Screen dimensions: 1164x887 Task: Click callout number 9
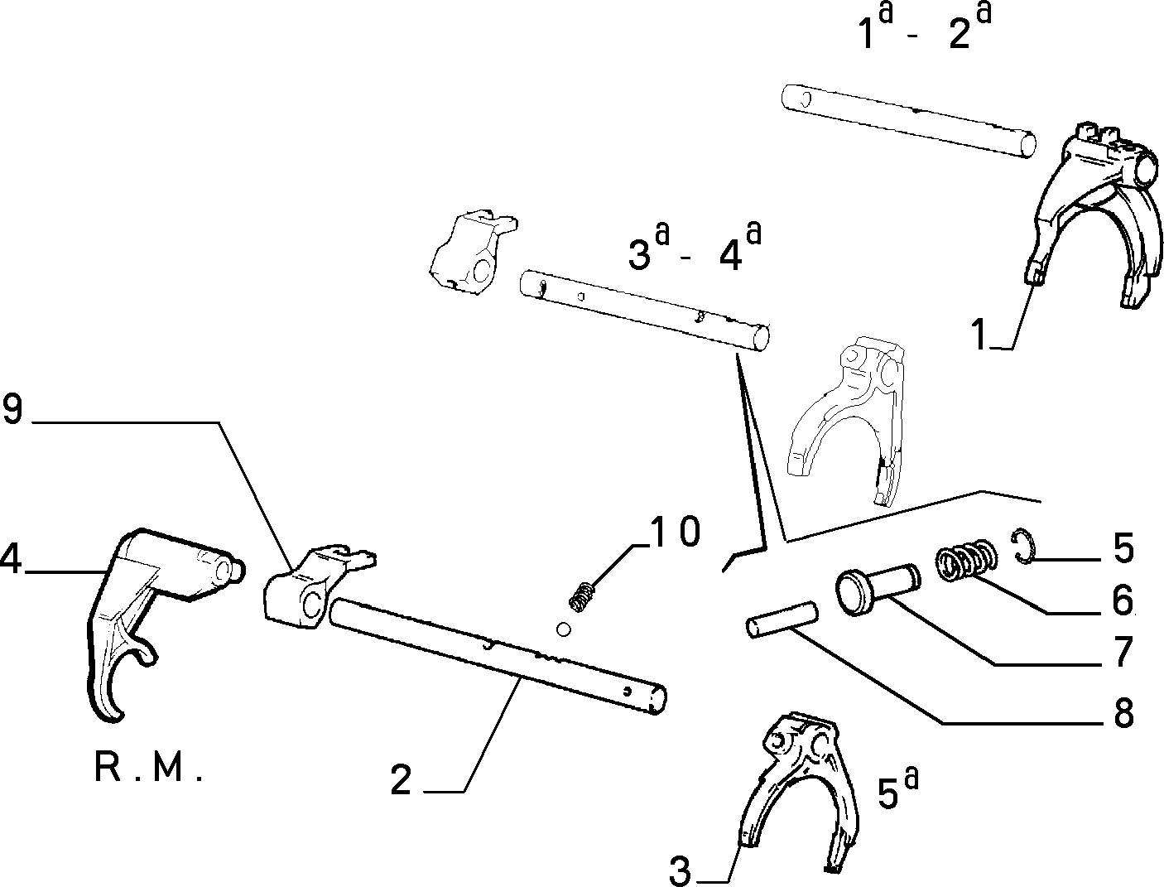12,409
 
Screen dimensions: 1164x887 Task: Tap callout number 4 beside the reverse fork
10,559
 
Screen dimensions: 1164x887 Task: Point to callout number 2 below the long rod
401,779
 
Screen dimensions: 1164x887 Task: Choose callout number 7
1123,652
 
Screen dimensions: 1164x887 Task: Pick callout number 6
1123,600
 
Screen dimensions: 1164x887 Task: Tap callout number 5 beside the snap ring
1123,547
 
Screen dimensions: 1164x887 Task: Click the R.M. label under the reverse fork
148,768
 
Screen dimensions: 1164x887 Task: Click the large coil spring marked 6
965,560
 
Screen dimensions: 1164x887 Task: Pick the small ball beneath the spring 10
564,629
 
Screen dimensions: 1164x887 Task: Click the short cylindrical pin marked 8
782,619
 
